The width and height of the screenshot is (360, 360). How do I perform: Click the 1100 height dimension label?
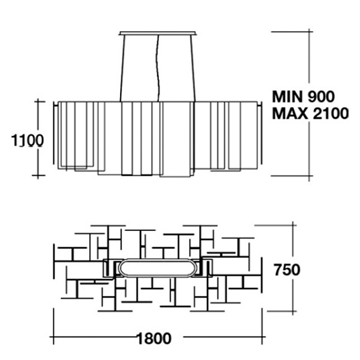pyautogui.click(x=28, y=140)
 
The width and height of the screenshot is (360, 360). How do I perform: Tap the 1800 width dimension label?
pyautogui.click(x=154, y=338)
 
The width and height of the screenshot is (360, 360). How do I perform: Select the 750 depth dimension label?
pyautogui.click(x=287, y=269)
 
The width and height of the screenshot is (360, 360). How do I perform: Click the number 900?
pyautogui.click(x=321, y=97)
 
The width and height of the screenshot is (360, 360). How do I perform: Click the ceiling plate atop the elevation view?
pyautogui.click(x=158, y=33)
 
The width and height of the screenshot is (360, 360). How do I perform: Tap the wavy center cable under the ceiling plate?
pyautogui.click(x=158, y=68)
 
